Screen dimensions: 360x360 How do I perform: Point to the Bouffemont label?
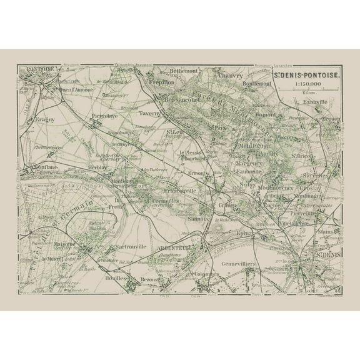coord(257,82)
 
